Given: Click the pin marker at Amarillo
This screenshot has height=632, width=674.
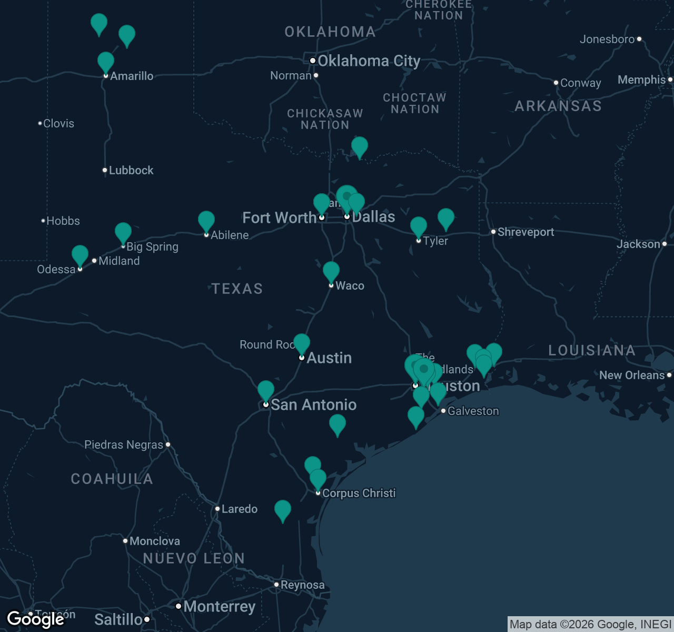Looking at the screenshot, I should pyautogui.click(x=106, y=62).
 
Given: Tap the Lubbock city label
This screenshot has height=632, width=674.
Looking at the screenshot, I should pyautogui.click(x=131, y=170).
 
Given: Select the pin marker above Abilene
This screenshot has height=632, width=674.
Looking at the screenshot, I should pyautogui.click(x=206, y=221).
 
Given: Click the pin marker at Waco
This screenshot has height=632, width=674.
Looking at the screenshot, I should pyautogui.click(x=331, y=271).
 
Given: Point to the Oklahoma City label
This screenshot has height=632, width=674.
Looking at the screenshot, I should pyautogui.click(x=369, y=61).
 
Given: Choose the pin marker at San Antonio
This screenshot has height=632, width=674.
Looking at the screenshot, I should pyautogui.click(x=266, y=390).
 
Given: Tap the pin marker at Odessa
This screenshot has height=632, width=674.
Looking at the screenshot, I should pyautogui.click(x=80, y=255).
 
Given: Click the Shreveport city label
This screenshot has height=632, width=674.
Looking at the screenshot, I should pyautogui.click(x=526, y=232).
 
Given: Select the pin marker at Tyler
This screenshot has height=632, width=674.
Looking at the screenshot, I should pyautogui.click(x=419, y=226).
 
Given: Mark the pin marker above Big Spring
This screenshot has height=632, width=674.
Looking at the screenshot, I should pyautogui.click(x=123, y=232).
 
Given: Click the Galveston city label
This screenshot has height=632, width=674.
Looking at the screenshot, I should pyautogui.click(x=473, y=411).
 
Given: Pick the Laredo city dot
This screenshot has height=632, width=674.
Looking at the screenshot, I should pyautogui.click(x=217, y=509).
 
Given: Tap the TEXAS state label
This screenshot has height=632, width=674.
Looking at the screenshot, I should pyautogui.click(x=237, y=289).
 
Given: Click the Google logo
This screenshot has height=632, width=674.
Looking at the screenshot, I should pyautogui.click(x=35, y=619).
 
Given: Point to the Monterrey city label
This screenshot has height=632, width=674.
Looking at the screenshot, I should pyautogui.click(x=219, y=606).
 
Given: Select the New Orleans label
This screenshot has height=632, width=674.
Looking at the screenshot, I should pyautogui.click(x=632, y=375).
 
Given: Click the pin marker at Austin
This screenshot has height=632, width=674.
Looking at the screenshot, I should pyautogui.click(x=302, y=343).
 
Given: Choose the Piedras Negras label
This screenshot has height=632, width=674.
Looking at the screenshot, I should pyautogui.click(x=124, y=445).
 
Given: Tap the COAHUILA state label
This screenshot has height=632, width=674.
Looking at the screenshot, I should pyautogui.click(x=112, y=479).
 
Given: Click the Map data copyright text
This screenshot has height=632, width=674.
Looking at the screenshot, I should pyautogui.click(x=590, y=625).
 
